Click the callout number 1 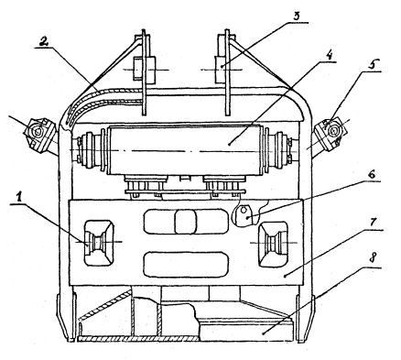[19, 198]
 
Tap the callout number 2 [43, 41]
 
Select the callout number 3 [297, 16]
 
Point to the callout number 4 [328, 55]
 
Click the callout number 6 [372, 174]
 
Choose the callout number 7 [373, 223]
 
